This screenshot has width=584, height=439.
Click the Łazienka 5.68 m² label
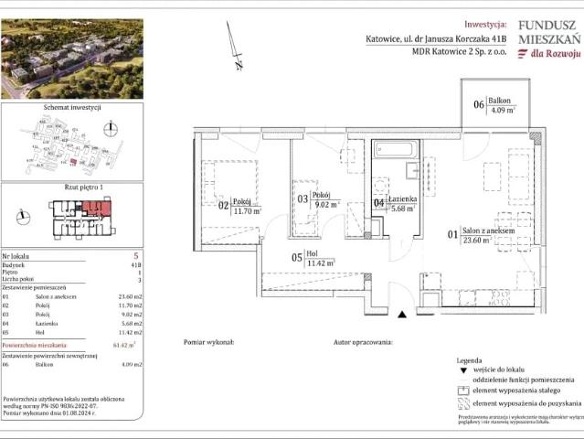pyautogui.click(x=395, y=204)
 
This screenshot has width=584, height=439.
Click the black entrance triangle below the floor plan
pyautogui.click(x=402, y=315)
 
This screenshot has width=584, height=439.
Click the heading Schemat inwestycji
pyautogui.click(x=72, y=107)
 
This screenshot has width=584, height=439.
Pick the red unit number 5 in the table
pyautogui.click(x=135, y=257)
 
